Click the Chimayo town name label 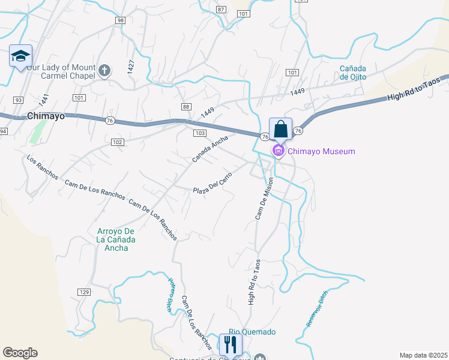46,116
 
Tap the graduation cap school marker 21,57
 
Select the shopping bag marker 280,129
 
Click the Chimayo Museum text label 321,151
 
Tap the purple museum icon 279,151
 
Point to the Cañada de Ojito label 353,72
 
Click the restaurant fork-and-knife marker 230,344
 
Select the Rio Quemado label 252,332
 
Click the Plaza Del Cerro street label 212,184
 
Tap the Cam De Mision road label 265,198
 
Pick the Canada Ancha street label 210,149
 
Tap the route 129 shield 84,292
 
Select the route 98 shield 121,20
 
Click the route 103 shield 200,133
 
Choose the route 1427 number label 131,66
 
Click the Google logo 20,353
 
